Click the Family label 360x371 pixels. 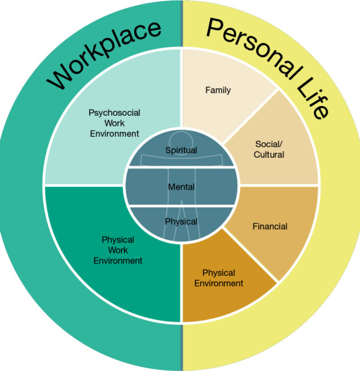218,90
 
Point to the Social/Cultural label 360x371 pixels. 269,149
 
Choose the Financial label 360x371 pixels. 270,226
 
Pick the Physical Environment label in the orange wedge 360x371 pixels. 219,278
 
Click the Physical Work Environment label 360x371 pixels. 118,250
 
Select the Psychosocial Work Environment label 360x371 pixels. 114,123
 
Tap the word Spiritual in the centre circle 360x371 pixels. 181,150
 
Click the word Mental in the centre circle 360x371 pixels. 181,187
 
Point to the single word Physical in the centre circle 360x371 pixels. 181,221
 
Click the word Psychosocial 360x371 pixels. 114,113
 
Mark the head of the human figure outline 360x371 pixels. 181,139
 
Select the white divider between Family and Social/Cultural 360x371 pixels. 250,117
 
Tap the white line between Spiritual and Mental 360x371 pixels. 181,167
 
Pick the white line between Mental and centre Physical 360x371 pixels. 181,205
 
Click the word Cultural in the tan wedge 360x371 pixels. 269,155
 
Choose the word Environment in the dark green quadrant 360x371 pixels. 118,260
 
